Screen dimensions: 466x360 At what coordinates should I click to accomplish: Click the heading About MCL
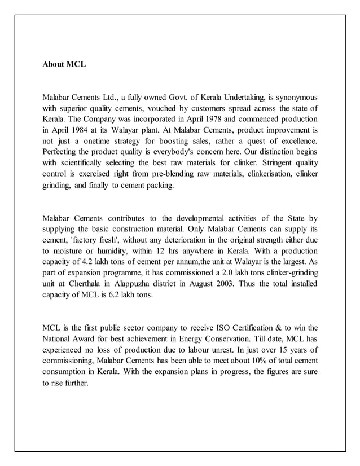pyautogui.click(x=64, y=65)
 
